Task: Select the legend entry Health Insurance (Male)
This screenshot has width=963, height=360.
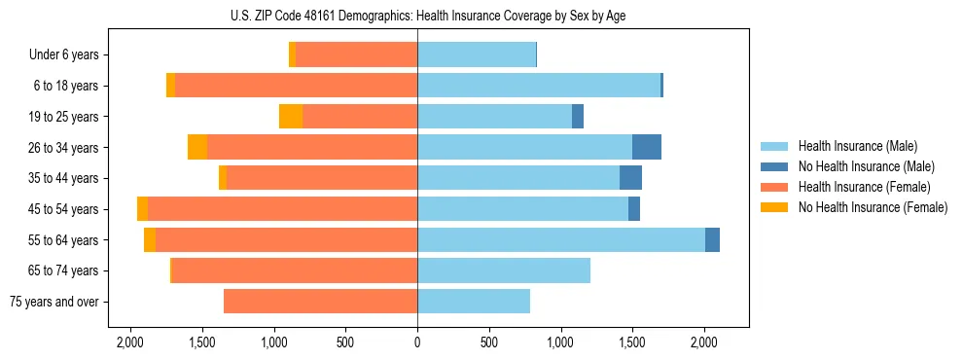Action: (x=852, y=146)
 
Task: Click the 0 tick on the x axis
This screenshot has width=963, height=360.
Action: (x=417, y=342)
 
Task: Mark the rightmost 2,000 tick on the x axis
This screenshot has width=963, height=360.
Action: (x=704, y=342)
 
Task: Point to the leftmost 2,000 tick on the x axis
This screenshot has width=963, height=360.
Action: (x=130, y=342)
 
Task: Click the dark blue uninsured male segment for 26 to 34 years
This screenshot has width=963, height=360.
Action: (x=647, y=148)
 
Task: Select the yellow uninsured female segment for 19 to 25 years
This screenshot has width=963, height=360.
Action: (x=291, y=117)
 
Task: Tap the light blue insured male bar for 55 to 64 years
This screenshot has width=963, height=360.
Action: (x=561, y=240)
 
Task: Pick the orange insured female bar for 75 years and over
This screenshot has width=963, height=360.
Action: (x=321, y=302)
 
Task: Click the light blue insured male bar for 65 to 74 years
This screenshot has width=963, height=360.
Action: (x=504, y=270)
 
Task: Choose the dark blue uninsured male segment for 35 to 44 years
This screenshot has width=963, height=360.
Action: (x=630, y=178)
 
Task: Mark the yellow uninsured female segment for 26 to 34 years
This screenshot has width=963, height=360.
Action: (x=197, y=148)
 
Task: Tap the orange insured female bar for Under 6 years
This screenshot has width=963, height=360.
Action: (x=356, y=55)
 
